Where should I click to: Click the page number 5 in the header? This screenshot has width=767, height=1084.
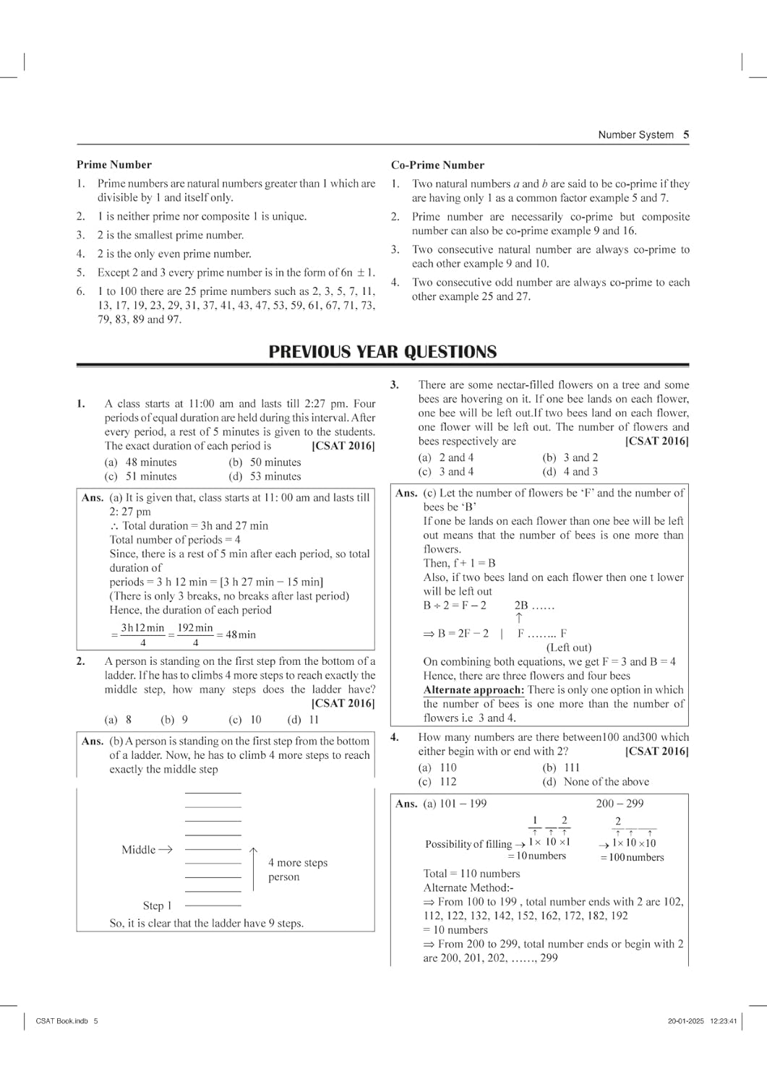pyautogui.click(x=685, y=134)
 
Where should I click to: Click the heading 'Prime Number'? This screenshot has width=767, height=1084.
pyautogui.click(x=114, y=165)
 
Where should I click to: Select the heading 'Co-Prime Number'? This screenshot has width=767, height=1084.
pyautogui.click(x=437, y=165)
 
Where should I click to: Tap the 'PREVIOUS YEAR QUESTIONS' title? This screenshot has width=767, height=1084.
pyautogui.click(x=382, y=352)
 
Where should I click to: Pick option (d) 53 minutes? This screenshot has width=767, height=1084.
pyautogui.click(x=265, y=477)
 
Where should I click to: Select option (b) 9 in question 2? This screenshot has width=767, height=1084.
pyautogui.click(x=174, y=720)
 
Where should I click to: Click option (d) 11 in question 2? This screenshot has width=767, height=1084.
pyautogui.click(x=303, y=720)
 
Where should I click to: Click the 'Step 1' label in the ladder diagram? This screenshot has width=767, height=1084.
pyautogui.click(x=157, y=906)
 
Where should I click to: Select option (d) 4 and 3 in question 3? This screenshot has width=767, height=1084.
pyautogui.click(x=570, y=472)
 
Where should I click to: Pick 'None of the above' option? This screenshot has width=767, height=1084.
pyautogui.click(x=596, y=782)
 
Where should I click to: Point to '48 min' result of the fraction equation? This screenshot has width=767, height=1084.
pyautogui.click(x=241, y=635)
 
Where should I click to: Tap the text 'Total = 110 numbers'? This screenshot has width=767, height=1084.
pyautogui.click(x=471, y=874)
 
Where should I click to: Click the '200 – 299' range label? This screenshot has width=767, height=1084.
pyautogui.click(x=620, y=804)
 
